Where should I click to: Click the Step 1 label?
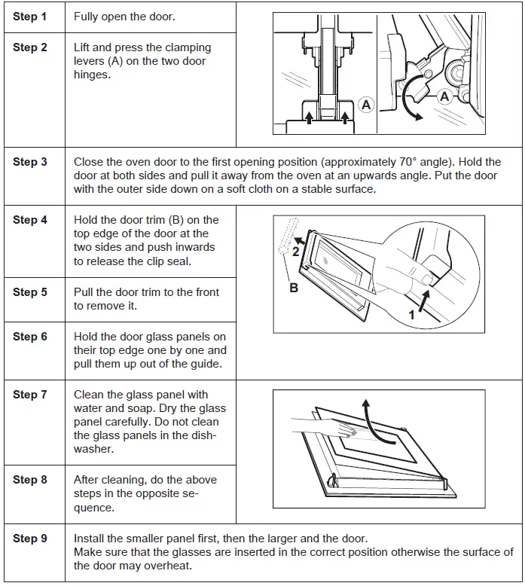tap(29, 16)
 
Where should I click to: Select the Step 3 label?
tap(29, 162)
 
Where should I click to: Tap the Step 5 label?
tap(29, 292)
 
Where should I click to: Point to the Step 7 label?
tap(29, 395)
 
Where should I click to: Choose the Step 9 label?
tap(29, 539)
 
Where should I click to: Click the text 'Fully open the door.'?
tap(125, 16)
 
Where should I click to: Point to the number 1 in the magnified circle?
tap(412, 316)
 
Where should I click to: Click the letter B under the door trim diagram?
tap(294, 287)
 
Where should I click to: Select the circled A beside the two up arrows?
tap(366, 105)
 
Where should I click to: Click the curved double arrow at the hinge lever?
tap(412, 102)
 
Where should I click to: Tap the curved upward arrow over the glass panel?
tap(368, 415)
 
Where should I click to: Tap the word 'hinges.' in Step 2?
tap(92, 75)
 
